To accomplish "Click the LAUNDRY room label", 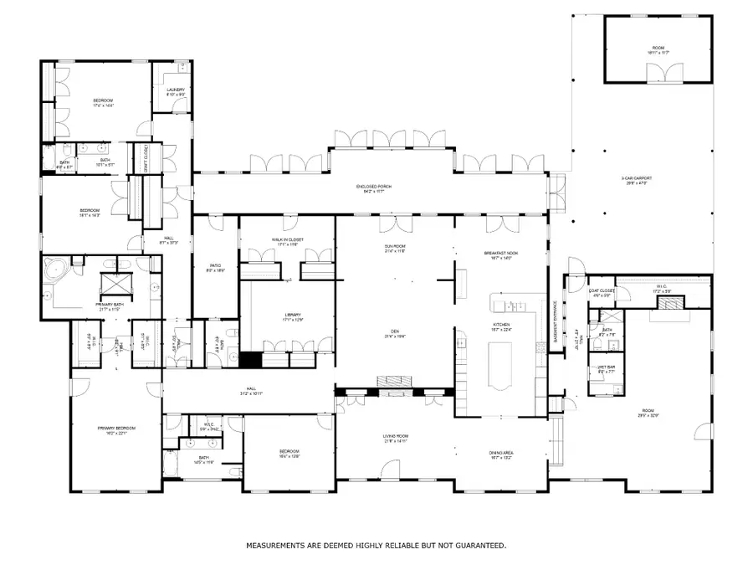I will [176, 90].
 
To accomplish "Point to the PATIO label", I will [216, 267].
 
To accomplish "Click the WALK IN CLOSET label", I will [288, 239].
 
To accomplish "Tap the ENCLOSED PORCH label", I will [373, 186].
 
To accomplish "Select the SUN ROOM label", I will [394, 247].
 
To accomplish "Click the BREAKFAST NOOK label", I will [501, 254].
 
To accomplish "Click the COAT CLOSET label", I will [602, 291].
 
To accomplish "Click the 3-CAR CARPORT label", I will [636, 178].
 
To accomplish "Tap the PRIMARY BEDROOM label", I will [116, 428].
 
